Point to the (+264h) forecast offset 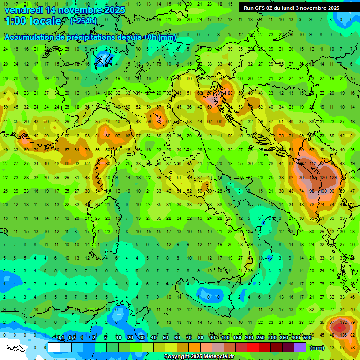83,21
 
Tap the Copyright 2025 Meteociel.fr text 199,357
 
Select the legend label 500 307,338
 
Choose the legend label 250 260,338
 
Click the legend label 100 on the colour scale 225,338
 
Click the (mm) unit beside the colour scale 317,348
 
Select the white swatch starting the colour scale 54,347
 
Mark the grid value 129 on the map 333,178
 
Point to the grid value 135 344,335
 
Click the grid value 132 343,322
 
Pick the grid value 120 323,178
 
